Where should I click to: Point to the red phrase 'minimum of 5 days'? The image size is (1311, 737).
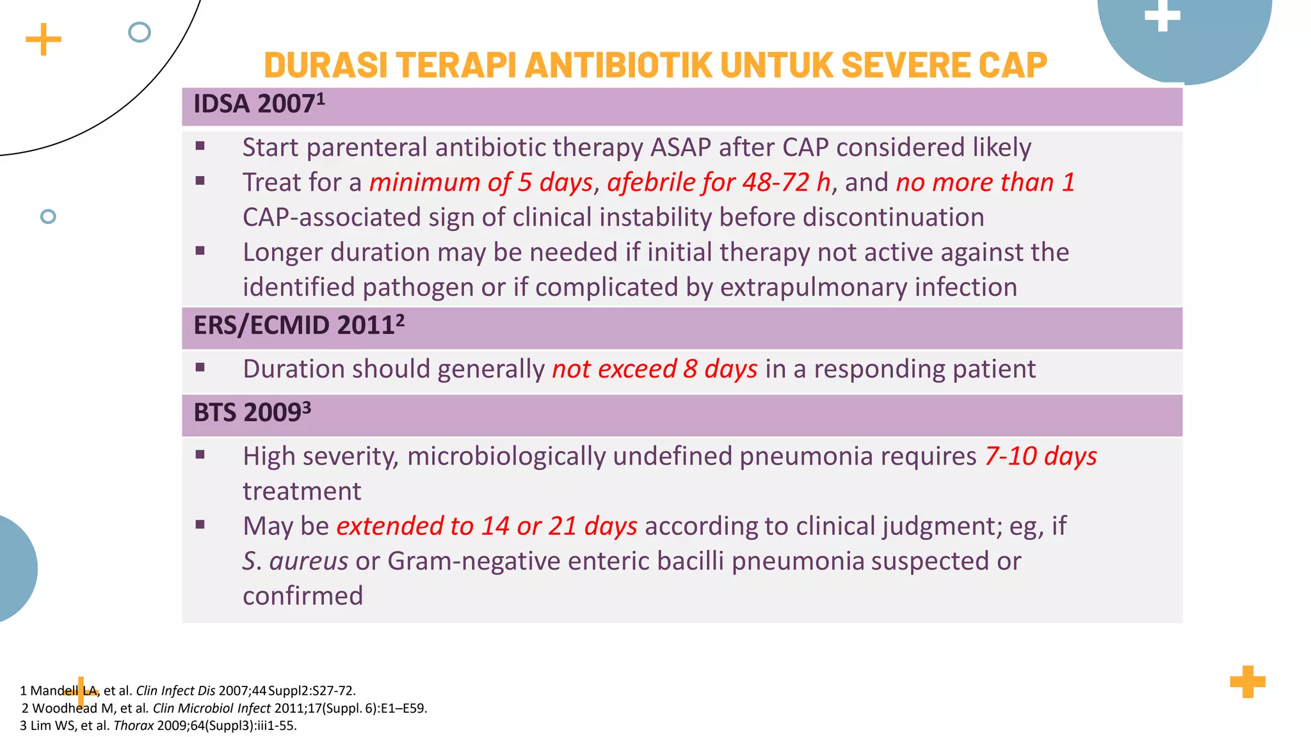click(x=481, y=183)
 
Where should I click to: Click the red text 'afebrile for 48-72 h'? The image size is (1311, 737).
click(x=718, y=183)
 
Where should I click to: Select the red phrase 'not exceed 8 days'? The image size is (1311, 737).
click(x=654, y=370)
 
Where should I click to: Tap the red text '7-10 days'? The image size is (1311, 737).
click(x=1040, y=457)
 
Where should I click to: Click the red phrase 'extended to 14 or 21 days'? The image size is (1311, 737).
click(x=487, y=527)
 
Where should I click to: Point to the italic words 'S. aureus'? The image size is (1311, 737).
click(x=295, y=562)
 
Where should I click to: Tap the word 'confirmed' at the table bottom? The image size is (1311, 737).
click(x=303, y=596)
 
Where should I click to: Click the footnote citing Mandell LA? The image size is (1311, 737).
click(x=188, y=691)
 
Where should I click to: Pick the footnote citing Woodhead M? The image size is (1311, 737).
click(x=224, y=708)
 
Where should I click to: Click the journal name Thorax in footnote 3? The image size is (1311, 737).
click(x=133, y=726)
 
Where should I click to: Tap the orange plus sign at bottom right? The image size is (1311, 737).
click(x=1247, y=682)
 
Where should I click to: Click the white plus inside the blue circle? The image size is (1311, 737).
click(x=1162, y=15)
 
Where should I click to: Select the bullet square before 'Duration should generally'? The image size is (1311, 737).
click(x=200, y=368)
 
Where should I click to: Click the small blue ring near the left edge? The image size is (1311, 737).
click(x=48, y=216)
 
